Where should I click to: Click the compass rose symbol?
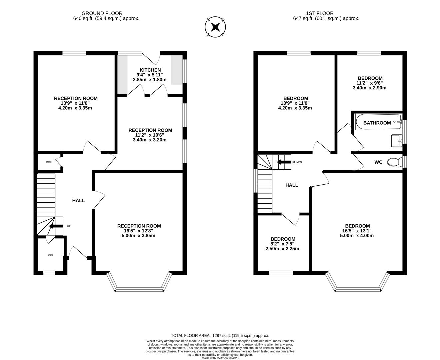click(x=216, y=26)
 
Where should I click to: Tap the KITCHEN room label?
click(x=150, y=70)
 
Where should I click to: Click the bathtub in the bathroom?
click(x=378, y=122)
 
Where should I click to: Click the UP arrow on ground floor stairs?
click(x=56, y=226)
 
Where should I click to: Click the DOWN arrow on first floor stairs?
click(x=284, y=162)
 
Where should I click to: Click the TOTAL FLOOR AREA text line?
click(x=220, y=336)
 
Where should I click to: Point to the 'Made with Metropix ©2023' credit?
click(x=220, y=358)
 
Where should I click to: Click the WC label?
click(x=378, y=162)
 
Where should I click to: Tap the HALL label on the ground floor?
click(x=79, y=200)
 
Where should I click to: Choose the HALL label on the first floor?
click(x=292, y=185)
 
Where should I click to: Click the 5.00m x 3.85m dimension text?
click(x=139, y=236)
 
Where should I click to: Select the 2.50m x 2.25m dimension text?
click(x=282, y=248)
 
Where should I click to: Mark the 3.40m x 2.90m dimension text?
click(x=369, y=88)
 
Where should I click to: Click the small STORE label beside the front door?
click(x=50, y=255)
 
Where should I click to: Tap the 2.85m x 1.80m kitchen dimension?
click(x=150, y=80)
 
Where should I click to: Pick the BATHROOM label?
click(x=377, y=123)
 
